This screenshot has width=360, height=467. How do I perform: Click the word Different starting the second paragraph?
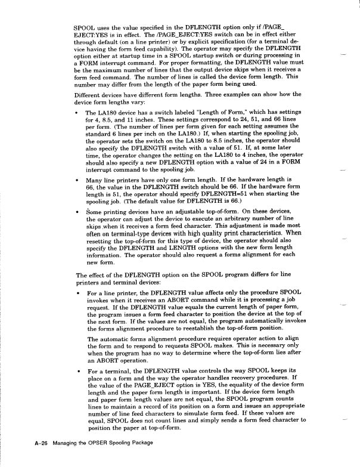coord(89,94)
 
